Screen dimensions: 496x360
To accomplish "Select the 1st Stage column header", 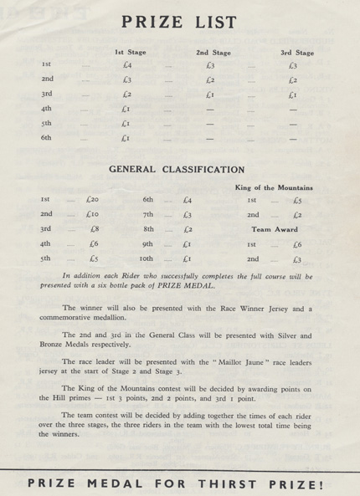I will click(130, 53).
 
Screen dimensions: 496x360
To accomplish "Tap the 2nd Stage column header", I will click(213, 53).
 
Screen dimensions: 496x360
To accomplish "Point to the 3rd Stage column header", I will click(297, 53).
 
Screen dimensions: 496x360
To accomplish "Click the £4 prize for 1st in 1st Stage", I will click(126, 65).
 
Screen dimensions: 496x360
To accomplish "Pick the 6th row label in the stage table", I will click(46, 137).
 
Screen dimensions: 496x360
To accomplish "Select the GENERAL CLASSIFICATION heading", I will click(177, 170).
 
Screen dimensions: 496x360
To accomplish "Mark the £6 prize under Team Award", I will click(297, 244).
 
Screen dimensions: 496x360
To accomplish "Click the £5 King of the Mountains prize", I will click(297, 200).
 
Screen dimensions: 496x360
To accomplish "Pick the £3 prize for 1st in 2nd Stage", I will click(210, 65).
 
